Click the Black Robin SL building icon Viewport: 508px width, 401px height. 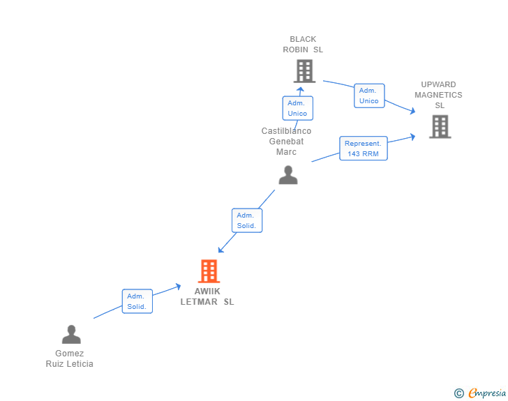point(304,71)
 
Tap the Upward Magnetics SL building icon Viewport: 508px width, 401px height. point(440,127)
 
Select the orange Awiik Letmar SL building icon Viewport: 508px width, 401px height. point(209,271)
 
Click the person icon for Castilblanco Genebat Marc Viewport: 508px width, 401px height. point(288,176)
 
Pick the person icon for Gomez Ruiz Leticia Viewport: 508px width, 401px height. point(71,335)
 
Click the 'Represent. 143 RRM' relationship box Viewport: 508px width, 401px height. point(364,148)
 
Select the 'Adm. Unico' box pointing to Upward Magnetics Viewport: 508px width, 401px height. point(368,96)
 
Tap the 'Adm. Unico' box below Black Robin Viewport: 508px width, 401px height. point(297,108)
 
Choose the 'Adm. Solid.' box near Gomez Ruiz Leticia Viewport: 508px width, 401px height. point(137,301)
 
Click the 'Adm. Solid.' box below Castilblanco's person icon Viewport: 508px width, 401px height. point(246,220)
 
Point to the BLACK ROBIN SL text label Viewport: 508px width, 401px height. point(303,45)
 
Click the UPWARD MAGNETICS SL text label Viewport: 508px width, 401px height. point(439,95)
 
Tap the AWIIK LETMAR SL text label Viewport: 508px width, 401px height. point(207,297)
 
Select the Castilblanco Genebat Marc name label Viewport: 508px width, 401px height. point(286,142)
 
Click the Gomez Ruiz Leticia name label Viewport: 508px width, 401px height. point(70,358)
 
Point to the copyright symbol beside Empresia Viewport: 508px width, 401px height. point(459,394)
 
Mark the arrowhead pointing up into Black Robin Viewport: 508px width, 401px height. point(301,89)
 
